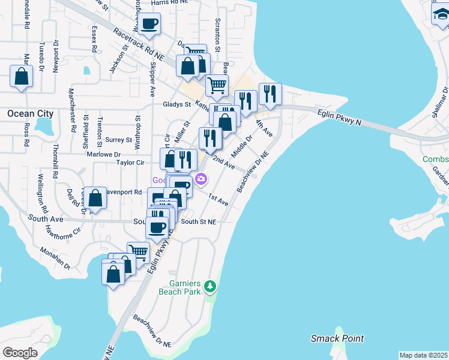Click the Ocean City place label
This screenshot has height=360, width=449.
click(30, 113)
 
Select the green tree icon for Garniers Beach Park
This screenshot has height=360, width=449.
click(209, 287)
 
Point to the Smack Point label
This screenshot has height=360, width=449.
click(337, 338)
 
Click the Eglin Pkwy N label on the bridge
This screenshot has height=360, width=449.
click(340, 116)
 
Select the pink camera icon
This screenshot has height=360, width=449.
click(202, 179)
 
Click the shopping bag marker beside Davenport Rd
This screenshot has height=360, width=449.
click(95, 197)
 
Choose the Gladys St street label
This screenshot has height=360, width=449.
click(176, 104)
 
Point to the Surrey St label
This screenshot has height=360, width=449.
click(118, 140)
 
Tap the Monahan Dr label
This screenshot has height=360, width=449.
click(55, 259)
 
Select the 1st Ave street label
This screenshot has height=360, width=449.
click(218, 200)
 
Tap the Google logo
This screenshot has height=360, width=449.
click(20, 352)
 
